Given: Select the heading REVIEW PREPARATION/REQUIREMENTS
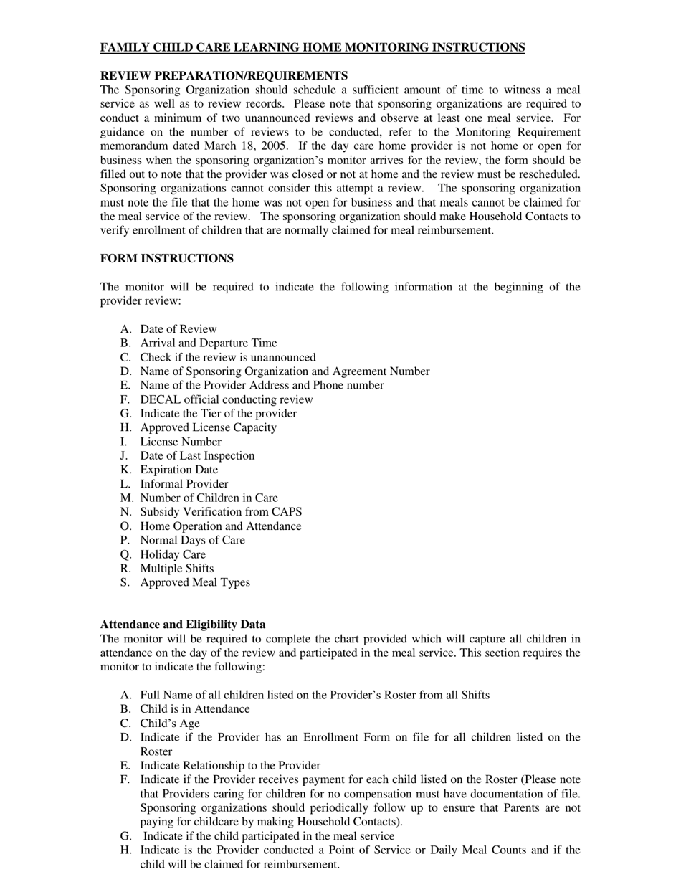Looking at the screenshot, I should click(x=224, y=76).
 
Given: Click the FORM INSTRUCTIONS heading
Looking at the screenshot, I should click(x=166, y=258).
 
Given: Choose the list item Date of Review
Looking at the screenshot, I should click(x=178, y=329).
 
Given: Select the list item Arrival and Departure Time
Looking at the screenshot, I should click(x=208, y=343).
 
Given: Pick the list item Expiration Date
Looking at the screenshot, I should click(x=178, y=470).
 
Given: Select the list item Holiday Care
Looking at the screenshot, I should click(x=173, y=554).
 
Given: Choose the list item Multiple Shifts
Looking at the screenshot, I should click(x=176, y=569).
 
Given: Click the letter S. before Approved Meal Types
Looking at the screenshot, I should click(x=125, y=582).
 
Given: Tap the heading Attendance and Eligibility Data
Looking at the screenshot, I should click(x=183, y=625).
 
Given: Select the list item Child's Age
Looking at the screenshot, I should click(x=170, y=724).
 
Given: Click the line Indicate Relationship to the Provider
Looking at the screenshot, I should click(x=230, y=766).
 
